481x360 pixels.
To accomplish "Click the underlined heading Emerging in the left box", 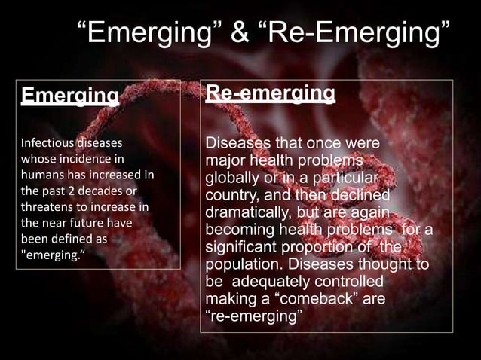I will tap(70, 96).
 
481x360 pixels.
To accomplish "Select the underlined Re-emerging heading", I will tap(271, 94).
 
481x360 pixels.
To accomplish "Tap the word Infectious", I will tap(46, 142).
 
